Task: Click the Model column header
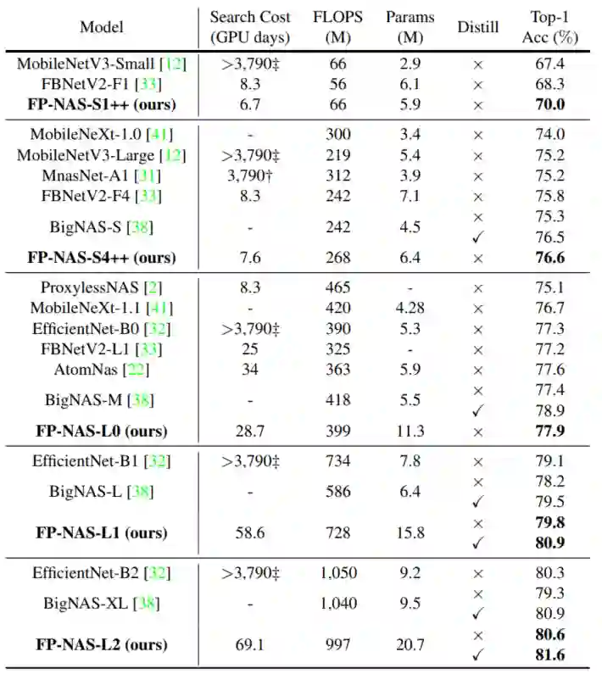pyautogui.click(x=102, y=26)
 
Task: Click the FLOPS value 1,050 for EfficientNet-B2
pyautogui.click(x=338, y=573)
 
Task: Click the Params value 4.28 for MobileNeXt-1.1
pyautogui.click(x=410, y=308)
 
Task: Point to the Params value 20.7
pyautogui.click(x=410, y=645)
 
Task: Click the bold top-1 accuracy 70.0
pyautogui.click(x=548, y=104)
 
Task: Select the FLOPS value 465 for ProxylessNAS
pyautogui.click(x=338, y=287)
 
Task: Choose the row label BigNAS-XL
pyautogui.click(x=91, y=604)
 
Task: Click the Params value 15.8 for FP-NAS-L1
pyautogui.click(x=410, y=533)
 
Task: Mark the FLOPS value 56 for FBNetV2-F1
pyautogui.click(x=338, y=84)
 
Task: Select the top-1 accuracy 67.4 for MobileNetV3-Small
pyautogui.click(x=548, y=64)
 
